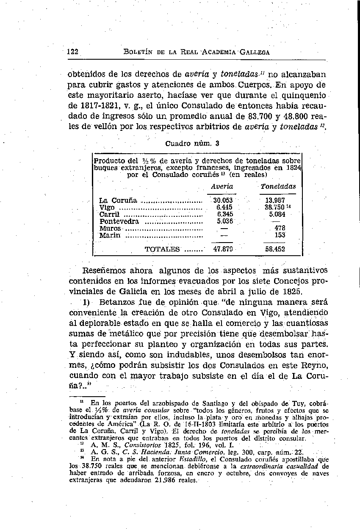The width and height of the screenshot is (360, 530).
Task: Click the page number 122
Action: point(72,52)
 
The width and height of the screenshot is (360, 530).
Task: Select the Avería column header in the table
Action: point(222,186)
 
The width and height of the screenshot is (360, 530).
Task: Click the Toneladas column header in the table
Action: point(278,186)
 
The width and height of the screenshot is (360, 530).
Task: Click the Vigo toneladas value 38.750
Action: point(274,207)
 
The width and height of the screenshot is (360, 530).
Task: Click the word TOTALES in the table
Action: point(162,249)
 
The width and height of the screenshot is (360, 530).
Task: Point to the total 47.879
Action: point(222,249)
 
